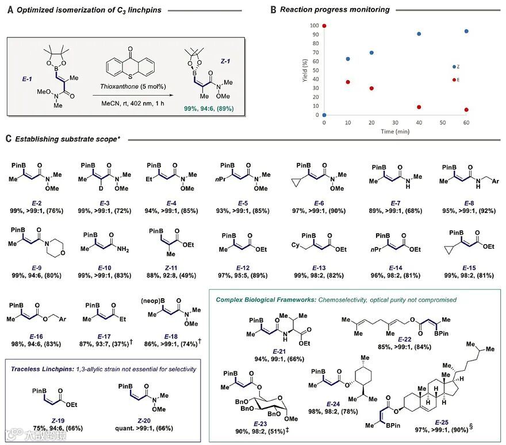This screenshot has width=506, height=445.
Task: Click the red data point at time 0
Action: click(325, 26)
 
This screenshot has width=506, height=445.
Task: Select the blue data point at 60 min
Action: click(466, 32)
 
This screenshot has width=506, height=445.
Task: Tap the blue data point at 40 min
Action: click(419, 34)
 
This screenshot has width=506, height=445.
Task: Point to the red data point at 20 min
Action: click(371, 89)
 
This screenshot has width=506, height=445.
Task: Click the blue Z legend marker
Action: click(454, 67)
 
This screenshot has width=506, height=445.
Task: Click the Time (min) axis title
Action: click(396, 131)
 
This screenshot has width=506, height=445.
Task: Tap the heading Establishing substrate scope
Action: click(68, 139)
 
